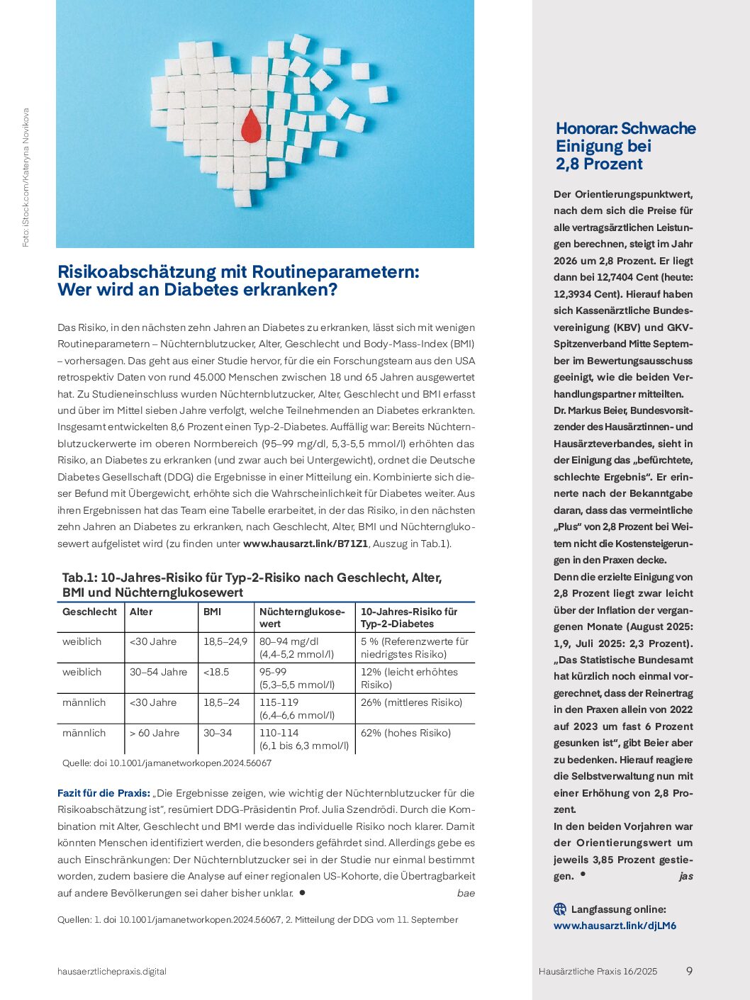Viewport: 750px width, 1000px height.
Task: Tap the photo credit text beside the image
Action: [x=26, y=177]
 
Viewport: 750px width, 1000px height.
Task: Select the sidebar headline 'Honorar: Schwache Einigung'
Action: [x=625, y=137]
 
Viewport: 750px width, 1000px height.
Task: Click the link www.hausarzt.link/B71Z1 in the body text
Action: [x=306, y=544]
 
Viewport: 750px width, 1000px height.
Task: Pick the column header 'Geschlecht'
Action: [x=89, y=612]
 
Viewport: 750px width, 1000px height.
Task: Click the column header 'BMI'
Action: [x=212, y=612]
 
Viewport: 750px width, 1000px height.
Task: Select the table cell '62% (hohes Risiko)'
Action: [x=405, y=733]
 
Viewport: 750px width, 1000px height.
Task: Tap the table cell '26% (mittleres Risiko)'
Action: [x=411, y=702]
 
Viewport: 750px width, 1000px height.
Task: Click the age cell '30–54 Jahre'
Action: [x=158, y=672]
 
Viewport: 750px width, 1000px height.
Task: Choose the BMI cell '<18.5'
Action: [x=216, y=672]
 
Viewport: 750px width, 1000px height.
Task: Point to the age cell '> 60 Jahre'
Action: [x=155, y=733]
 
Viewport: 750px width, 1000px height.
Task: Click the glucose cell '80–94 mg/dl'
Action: [x=289, y=641]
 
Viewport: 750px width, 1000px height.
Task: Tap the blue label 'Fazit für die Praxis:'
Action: [x=103, y=793]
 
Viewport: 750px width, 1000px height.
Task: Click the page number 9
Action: [x=689, y=971]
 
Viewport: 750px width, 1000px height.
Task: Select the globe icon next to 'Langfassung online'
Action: [x=560, y=909]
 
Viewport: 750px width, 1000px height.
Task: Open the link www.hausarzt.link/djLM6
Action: [x=615, y=926]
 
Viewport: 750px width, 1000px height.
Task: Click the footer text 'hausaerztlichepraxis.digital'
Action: [x=112, y=972]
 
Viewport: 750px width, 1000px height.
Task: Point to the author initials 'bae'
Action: [x=466, y=893]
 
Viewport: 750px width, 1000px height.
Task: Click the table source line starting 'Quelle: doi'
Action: [x=167, y=763]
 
